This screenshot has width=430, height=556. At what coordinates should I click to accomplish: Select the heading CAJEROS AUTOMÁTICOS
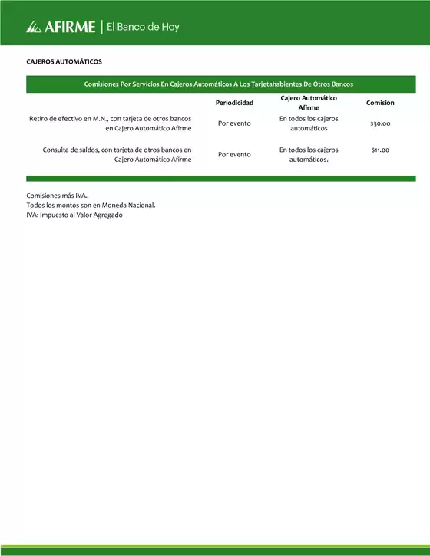coord(64,61)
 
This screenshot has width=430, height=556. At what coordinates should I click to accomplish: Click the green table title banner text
coord(220,84)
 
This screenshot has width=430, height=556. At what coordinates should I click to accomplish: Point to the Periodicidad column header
coord(234,103)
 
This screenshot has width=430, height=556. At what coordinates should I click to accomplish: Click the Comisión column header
coord(380,103)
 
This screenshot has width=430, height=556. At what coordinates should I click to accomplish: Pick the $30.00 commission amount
coord(380,123)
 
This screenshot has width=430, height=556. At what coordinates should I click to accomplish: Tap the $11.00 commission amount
coord(380,150)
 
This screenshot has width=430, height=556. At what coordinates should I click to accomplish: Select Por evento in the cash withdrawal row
coord(234,123)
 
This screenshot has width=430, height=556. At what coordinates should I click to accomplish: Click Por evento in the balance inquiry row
coord(234,154)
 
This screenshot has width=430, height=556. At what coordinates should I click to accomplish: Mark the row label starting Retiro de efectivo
coord(110,123)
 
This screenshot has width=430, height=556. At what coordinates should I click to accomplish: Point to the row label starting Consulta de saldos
coord(117,154)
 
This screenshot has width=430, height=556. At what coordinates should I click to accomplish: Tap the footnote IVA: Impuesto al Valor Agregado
coord(74,215)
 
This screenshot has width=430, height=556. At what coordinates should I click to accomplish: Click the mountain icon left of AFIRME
coord(33,28)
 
